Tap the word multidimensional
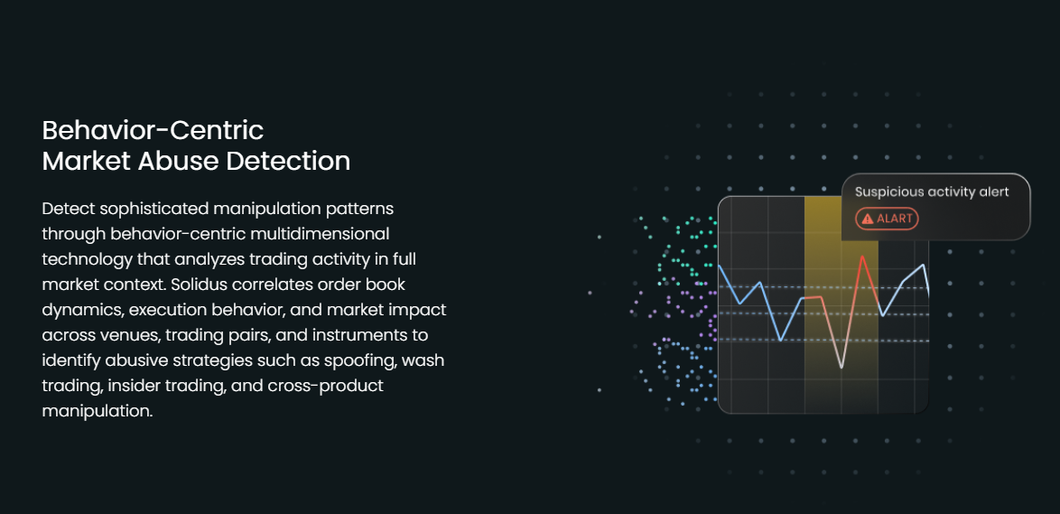[305, 233]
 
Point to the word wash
[423, 360]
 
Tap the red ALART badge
[887, 219]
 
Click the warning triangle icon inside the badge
[868, 219]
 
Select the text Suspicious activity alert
[932, 192]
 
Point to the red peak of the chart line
[862, 257]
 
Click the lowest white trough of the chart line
[841, 368]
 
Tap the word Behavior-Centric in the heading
[153, 130]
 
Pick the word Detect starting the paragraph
[65, 209]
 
